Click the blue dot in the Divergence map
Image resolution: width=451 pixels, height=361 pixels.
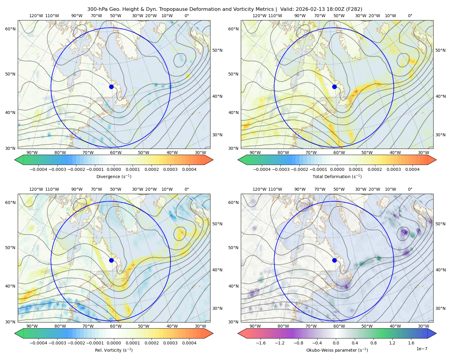click(x=111, y=87)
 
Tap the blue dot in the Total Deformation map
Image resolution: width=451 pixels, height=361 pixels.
click(x=334, y=87)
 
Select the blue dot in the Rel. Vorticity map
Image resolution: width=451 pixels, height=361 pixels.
click(x=111, y=260)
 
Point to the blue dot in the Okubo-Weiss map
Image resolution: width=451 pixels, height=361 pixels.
click(x=334, y=260)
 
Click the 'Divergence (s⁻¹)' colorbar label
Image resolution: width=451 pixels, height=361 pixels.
click(x=114, y=176)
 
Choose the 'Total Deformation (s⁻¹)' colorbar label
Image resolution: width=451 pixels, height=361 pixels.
click(x=337, y=176)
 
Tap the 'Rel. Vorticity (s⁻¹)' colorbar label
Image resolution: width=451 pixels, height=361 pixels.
click(x=114, y=350)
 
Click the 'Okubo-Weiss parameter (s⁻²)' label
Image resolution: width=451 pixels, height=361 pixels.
click(x=337, y=350)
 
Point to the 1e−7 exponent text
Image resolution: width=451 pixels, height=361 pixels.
click(x=422, y=349)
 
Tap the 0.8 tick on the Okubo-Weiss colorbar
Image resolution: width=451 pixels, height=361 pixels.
click(x=373, y=343)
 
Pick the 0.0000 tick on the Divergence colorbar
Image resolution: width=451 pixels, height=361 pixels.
click(x=114, y=169)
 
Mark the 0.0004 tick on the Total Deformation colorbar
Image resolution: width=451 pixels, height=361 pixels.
click(x=412, y=169)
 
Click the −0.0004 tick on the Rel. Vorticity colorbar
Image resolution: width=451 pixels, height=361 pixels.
click(x=38, y=343)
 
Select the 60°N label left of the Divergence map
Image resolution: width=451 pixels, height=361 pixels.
click(x=10, y=29)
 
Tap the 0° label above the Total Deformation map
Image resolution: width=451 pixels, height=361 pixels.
click(x=410, y=16)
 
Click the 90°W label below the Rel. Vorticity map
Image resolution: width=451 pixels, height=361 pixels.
click(x=32, y=326)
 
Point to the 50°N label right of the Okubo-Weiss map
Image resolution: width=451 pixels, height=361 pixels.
click(x=440, y=224)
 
